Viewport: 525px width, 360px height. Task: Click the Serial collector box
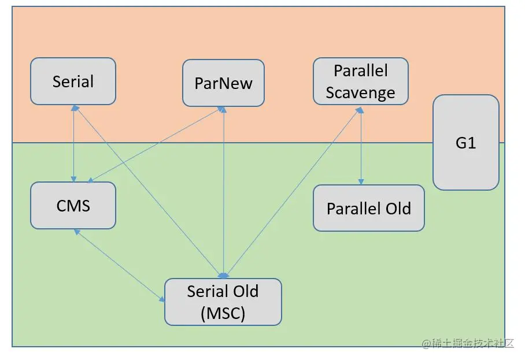73,81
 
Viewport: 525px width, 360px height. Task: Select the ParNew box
223,83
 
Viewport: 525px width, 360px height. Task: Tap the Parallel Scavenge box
361,81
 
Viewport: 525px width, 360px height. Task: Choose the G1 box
466,143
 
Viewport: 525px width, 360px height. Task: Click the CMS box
73,206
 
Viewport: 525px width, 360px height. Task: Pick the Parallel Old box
369,208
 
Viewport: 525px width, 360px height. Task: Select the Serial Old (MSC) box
223,302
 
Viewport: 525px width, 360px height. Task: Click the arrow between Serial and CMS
73,143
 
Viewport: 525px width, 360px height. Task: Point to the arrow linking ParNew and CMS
156,144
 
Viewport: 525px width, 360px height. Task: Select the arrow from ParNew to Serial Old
223,192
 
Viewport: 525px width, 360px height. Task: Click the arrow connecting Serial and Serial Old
149,192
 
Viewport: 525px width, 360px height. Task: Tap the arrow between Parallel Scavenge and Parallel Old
361,146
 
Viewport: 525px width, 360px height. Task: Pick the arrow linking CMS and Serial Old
119,266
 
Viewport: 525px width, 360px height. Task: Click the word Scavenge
361,92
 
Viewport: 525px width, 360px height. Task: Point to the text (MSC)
223,314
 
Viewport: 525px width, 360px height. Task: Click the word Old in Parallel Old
398,209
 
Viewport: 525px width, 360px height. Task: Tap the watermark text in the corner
467,343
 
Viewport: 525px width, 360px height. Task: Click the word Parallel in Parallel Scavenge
361,70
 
